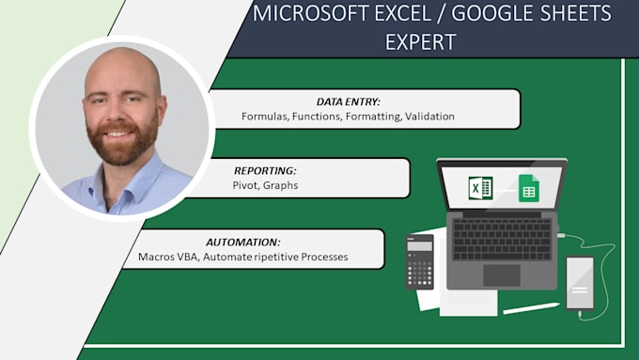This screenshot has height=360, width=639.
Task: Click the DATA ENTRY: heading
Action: (x=348, y=102)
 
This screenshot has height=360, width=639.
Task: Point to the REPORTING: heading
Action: (x=264, y=171)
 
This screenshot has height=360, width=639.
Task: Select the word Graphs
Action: (x=281, y=186)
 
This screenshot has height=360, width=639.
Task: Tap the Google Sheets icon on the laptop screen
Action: (x=528, y=189)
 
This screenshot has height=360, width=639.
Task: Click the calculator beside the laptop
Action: (x=419, y=260)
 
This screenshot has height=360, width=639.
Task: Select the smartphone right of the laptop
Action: (x=580, y=282)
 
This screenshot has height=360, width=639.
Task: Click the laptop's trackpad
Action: (x=502, y=274)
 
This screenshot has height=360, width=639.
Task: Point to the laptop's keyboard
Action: (x=502, y=240)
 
